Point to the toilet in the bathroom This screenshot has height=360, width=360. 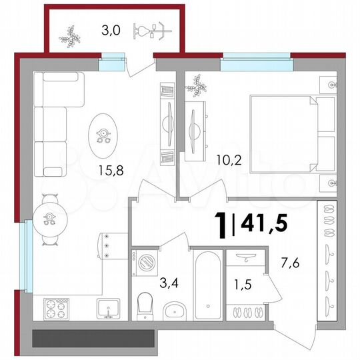[144, 307]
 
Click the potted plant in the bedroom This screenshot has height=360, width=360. [197, 85]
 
